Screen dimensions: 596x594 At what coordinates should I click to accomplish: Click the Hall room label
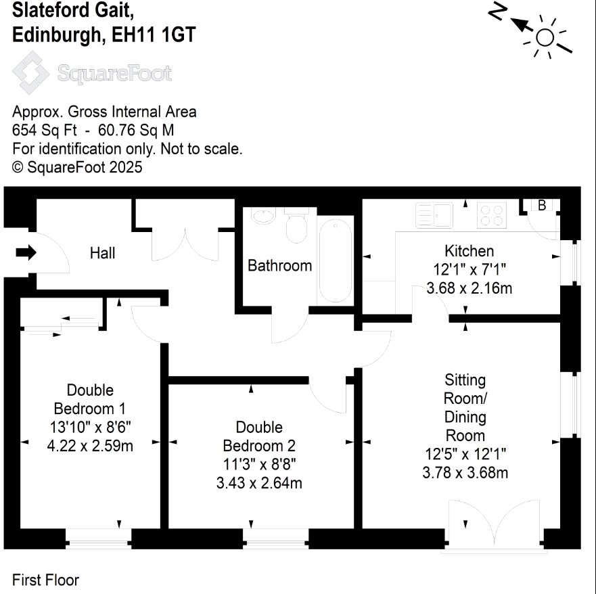click(x=102, y=253)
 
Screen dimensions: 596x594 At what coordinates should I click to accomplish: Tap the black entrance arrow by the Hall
click(x=26, y=252)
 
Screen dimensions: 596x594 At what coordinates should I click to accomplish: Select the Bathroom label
click(x=280, y=266)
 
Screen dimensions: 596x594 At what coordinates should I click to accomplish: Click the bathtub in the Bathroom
click(x=336, y=260)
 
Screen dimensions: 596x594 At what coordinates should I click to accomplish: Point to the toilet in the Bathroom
click(x=296, y=225)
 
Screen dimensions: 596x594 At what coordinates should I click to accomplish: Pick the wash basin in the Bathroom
click(x=263, y=216)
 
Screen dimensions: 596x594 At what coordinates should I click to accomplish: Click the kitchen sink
click(x=434, y=214)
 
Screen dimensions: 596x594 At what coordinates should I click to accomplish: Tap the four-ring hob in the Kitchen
click(x=492, y=216)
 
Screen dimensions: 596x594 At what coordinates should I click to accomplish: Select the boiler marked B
click(x=542, y=205)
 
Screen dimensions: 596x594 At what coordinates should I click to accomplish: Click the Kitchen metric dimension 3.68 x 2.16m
click(x=469, y=288)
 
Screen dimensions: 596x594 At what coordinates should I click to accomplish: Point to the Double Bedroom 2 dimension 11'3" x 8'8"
click(x=259, y=464)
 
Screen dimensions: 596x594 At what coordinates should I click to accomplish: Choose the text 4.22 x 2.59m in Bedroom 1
click(x=90, y=446)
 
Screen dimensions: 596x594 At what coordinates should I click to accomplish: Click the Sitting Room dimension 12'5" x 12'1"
click(x=465, y=454)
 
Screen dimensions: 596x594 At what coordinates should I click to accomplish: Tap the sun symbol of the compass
click(x=545, y=37)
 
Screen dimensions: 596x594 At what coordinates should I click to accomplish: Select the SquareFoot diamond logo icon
click(x=30, y=72)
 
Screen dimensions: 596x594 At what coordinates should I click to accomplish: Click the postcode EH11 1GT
click(x=154, y=35)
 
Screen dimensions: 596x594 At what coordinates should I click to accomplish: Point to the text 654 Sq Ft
click(x=45, y=131)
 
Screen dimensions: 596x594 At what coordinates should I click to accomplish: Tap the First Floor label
click(x=45, y=580)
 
